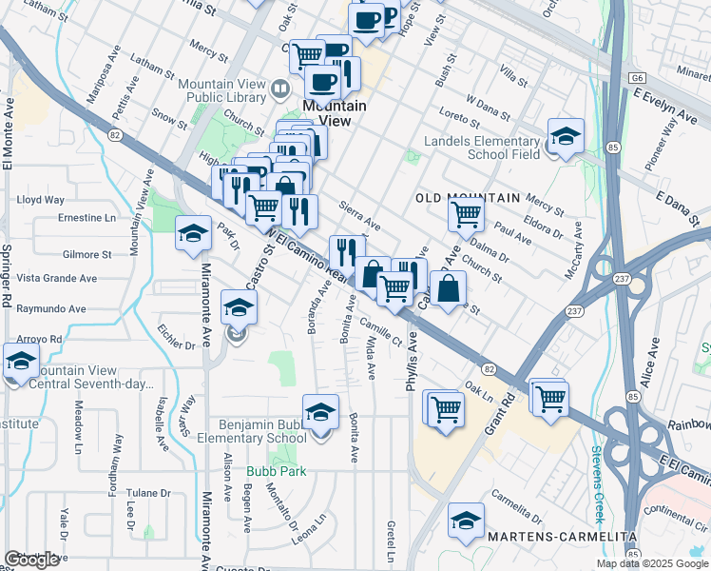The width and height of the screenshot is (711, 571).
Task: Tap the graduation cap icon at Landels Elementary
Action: (565, 136)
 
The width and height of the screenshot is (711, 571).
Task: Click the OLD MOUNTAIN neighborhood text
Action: (469, 198)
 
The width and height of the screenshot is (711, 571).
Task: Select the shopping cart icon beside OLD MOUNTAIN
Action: (466, 215)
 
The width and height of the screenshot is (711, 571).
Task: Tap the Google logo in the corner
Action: (31, 560)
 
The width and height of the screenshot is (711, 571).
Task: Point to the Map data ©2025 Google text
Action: (651, 563)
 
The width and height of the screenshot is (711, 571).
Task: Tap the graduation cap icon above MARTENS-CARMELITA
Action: (465, 521)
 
